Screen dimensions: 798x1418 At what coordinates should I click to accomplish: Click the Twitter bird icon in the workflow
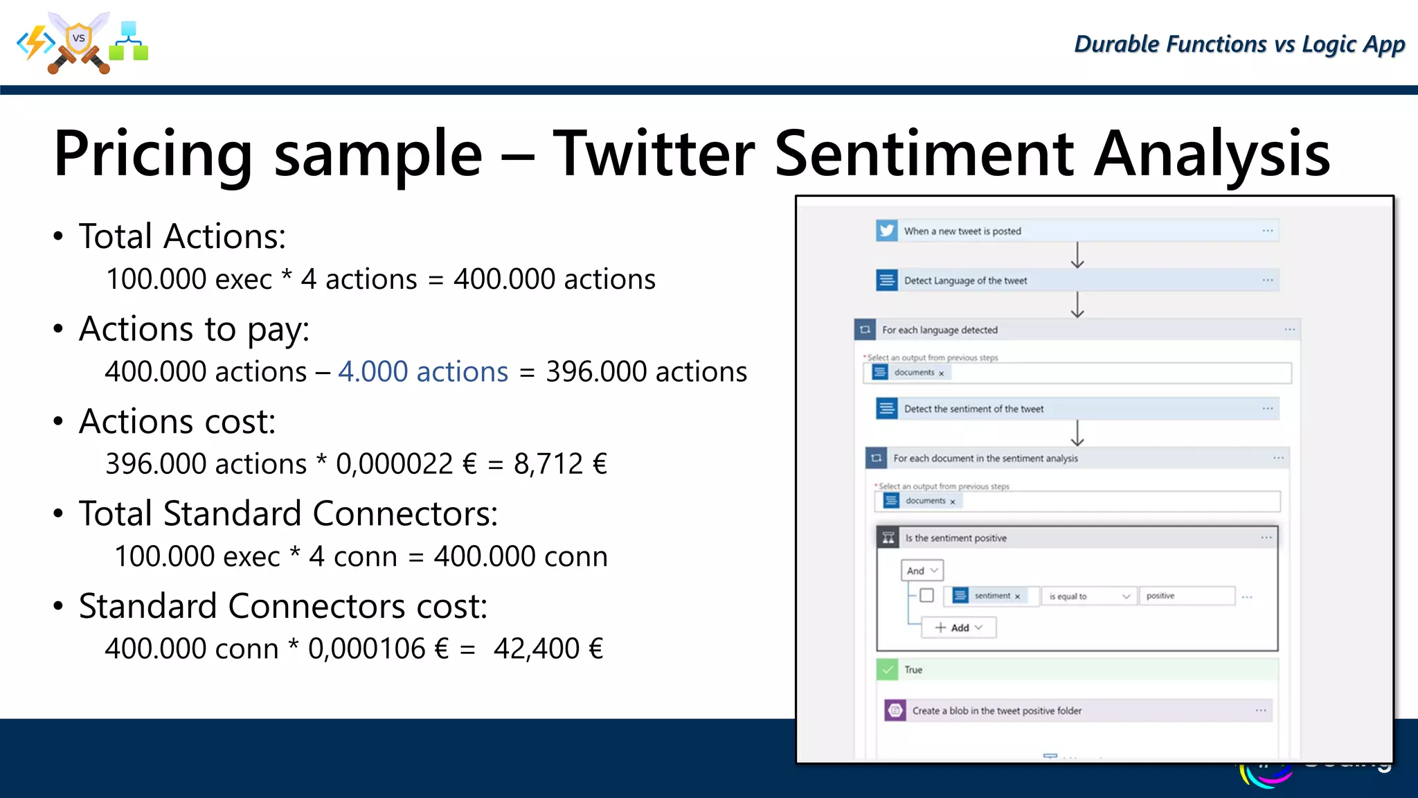pos(886,231)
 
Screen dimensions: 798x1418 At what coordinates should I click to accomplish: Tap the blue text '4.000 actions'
pos(423,372)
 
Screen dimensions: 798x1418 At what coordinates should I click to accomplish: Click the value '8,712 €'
pos(560,464)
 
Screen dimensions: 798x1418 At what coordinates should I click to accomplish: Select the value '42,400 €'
pos(548,649)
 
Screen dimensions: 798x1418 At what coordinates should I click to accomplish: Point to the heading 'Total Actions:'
pos(182,236)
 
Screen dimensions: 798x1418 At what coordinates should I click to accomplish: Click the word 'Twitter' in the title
pos(653,154)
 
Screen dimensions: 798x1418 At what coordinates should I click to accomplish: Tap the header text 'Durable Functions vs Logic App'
pos(1239,44)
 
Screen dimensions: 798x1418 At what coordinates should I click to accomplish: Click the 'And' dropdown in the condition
pos(922,571)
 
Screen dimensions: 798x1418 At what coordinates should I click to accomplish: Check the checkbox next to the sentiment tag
pos(926,596)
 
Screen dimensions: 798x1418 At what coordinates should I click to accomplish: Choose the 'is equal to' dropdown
pos(1088,596)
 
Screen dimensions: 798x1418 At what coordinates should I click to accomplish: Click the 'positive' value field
pos(1186,596)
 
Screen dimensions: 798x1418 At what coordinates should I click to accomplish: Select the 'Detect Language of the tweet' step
pos(965,281)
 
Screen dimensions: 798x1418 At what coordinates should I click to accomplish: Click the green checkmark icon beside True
pos(887,670)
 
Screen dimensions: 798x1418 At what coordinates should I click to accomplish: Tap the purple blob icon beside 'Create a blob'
pos(895,711)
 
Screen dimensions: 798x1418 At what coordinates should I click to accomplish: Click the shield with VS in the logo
pos(79,39)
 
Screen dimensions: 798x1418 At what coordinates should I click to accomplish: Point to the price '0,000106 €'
pos(378,649)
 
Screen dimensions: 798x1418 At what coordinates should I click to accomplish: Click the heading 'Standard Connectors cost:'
pos(282,607)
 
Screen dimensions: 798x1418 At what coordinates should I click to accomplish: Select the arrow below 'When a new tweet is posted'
pos(1077,255)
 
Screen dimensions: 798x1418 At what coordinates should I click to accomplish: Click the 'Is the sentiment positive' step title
pos(955,538)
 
